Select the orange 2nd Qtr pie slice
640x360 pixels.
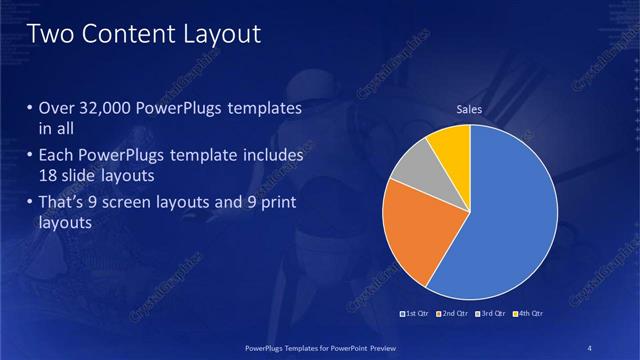point(415,230)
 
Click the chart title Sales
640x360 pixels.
point(470,109)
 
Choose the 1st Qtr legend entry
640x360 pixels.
point(415,314)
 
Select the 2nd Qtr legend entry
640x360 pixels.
point(452,314)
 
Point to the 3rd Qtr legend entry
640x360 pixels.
point(489,314)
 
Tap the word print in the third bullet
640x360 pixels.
point(278,204)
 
